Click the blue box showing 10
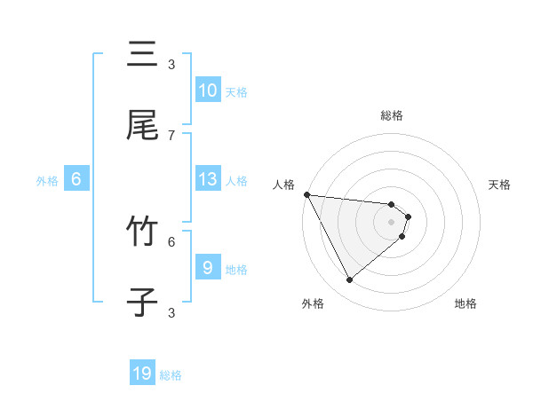tap(207, 90)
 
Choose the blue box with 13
tap(208, 179)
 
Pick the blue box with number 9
tap(208, 268)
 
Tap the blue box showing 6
tap(76, 179)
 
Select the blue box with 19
tap(142, 374)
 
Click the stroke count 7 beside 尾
tap(171, 135)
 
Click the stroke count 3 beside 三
tap(171, 64)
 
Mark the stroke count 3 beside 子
tap(171, 312)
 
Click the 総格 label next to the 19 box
tap(171, 375)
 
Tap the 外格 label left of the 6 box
tap(47, 181)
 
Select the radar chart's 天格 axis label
tap(500, 185)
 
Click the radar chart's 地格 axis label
tap(465, 303)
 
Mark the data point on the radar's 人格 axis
tap(306, 194)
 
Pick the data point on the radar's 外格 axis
tap(349, 280)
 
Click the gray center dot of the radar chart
tap(392, 221)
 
